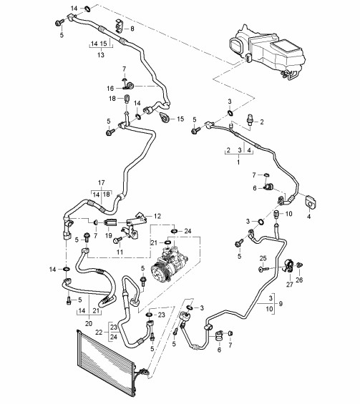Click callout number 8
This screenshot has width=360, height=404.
[x=132, y=29]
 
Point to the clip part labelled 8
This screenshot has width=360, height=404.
[x=119, y=26]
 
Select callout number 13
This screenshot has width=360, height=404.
[x=101, y=55]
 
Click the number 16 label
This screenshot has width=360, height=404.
[x=110, y=89]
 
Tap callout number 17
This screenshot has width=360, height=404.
[x=102, y=182]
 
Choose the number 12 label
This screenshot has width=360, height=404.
[x=157, y=216]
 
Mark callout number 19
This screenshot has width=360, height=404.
[x=109, y=235]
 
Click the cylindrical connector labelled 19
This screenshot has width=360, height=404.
[x=110, y=222]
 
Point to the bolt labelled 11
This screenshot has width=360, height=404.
[x=117, y=240]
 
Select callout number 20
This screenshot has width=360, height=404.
[x=89, y=323]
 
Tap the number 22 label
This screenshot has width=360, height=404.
[x=99, y=332]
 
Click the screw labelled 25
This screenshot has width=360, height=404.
[x=263, y=269]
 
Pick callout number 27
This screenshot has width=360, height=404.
[x=290, y=285]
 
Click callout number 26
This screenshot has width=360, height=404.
[x=299, y=280]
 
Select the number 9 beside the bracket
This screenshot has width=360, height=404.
[x=281, y=303]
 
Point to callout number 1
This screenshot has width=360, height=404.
[x=238, y=162]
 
